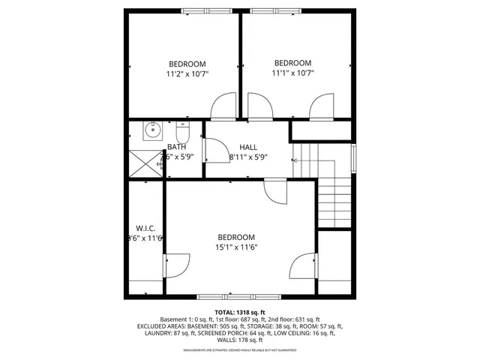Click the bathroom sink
[x=152, y=130]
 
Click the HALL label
[x=248, y=147]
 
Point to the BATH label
[x=177, y=147]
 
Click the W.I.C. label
[x=145, y=227]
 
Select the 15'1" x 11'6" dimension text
[x=236, y=247]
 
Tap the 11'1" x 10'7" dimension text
[x=292, y=73]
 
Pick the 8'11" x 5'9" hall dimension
[x=248, y=157]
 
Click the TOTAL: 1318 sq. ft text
[x=240, y=311]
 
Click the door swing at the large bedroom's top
[x=275, y=192]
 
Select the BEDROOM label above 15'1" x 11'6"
[x=236, y=237]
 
